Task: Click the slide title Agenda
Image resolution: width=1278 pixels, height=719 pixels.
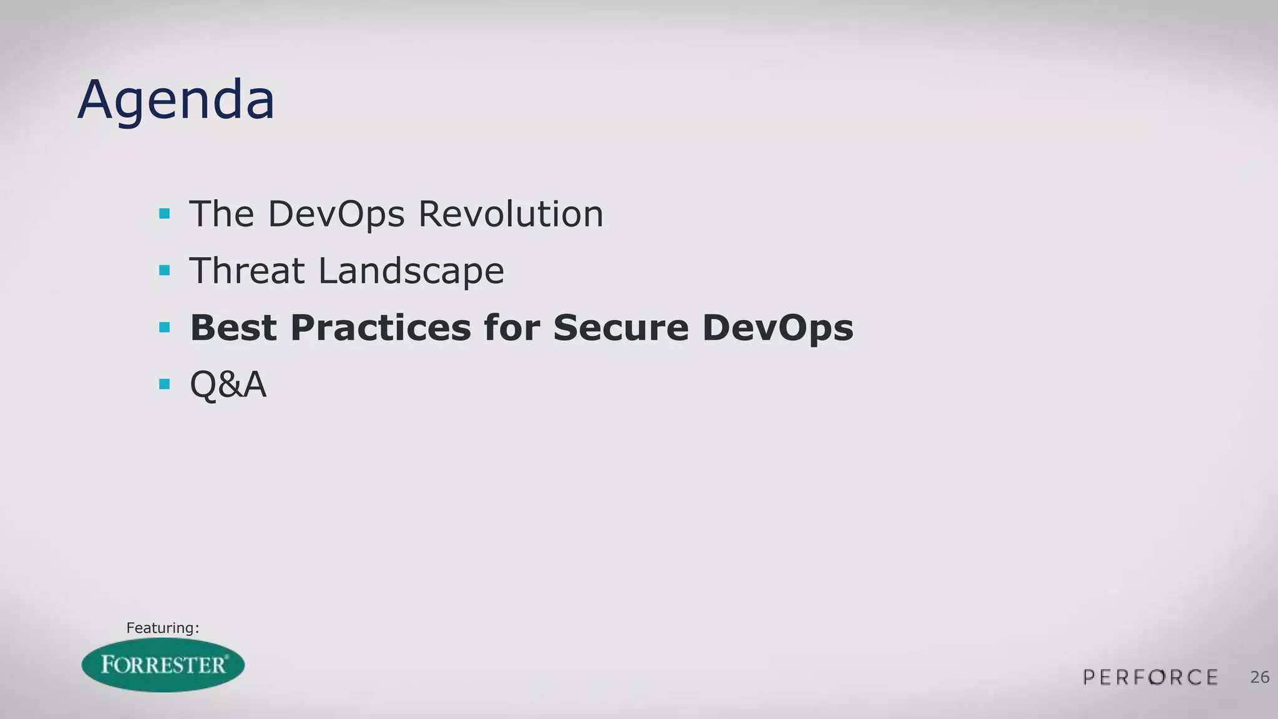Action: [x=176, y=100]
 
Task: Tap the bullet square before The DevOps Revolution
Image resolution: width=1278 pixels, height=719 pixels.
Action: [x=165, y=214]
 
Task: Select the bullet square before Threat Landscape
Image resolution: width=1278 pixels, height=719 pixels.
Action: [x=165, y=271]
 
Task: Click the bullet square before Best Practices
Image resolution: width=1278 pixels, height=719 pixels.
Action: [x=165, y=328]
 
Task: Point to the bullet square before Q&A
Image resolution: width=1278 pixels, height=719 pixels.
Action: [x=165, y=384]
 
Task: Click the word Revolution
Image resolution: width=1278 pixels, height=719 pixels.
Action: [x=510, y=214]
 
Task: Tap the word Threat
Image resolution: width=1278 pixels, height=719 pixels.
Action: [x=247, y=271]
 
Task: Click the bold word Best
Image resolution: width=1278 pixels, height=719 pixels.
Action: [x=233, y=328]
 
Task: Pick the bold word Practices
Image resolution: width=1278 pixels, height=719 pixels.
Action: [x=381, y=328]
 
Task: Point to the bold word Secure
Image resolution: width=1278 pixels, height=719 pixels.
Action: [x=621, y=328]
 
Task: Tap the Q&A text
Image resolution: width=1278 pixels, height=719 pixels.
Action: [x=228, y=384]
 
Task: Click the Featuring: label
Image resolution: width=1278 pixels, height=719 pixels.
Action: [x=162, y=628]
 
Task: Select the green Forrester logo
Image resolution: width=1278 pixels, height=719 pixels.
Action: [x=163, y=665]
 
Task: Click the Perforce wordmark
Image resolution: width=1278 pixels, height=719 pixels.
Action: [x=1150, y=677]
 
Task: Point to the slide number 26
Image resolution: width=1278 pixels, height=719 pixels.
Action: [x=1259, y=677]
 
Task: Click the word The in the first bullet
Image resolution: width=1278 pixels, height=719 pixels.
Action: [x=222, y=214]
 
